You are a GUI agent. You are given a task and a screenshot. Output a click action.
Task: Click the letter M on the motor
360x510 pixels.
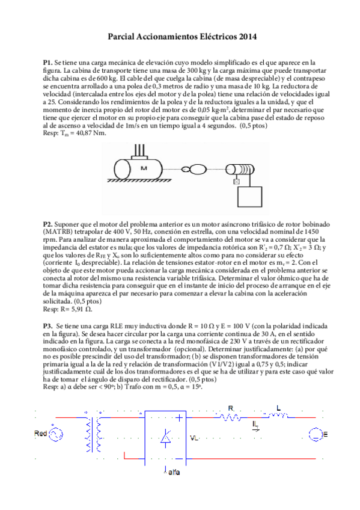tap(144, 168)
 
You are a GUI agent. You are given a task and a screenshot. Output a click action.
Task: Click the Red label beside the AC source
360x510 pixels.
tap(41, 433)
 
